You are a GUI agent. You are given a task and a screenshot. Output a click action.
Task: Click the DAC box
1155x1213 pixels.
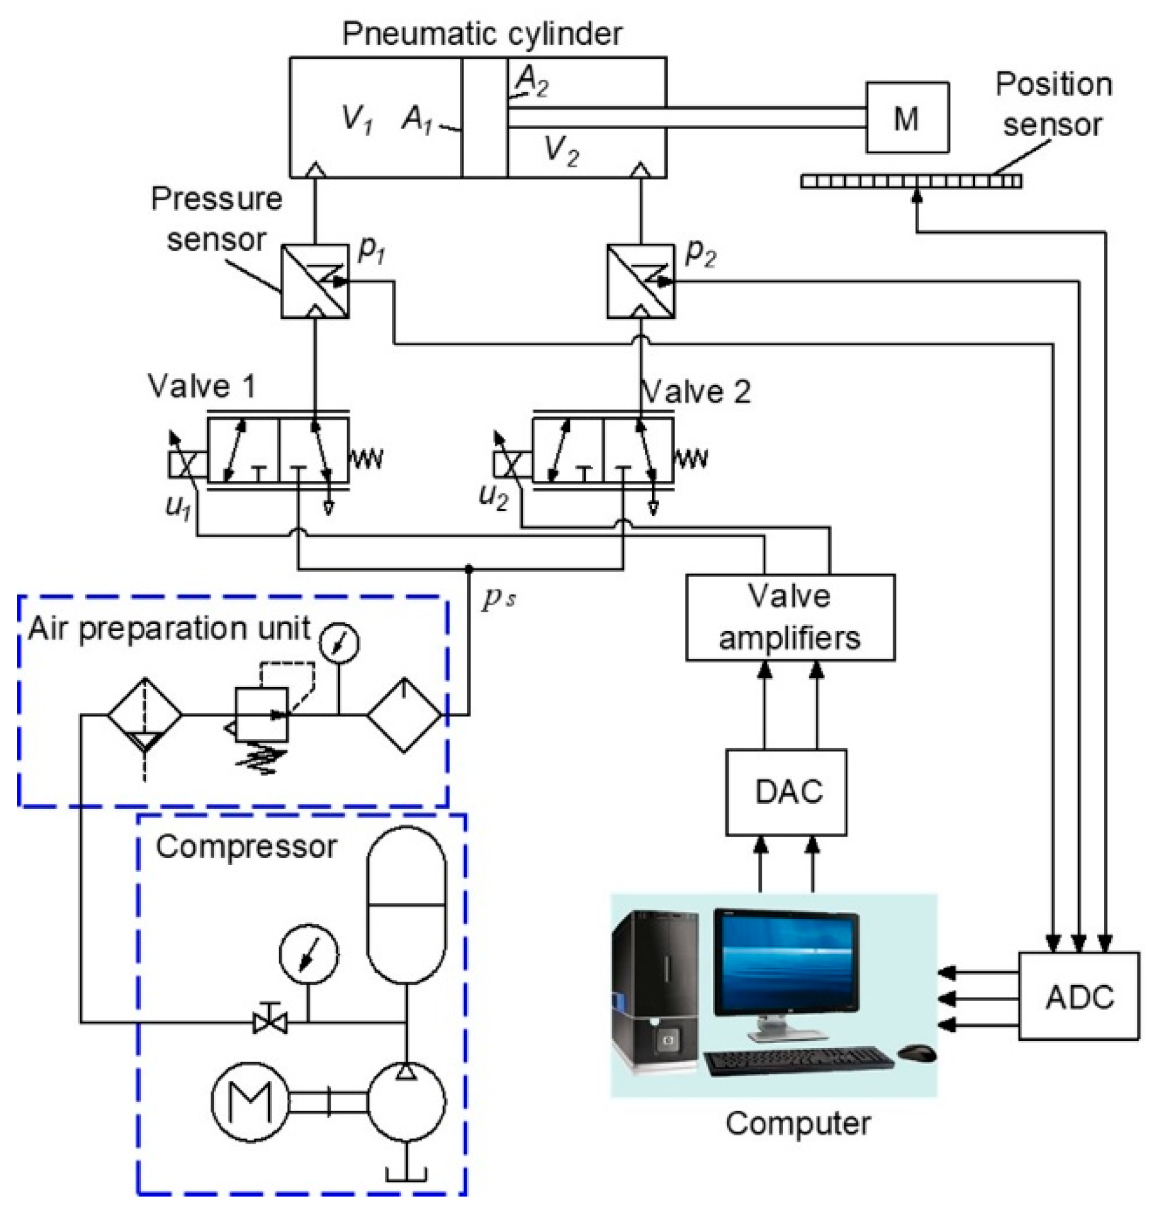[x=786, y=792]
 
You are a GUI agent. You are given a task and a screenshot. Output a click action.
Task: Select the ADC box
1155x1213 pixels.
[x=1079, y=996]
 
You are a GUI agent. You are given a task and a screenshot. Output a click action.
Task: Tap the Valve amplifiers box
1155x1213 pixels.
[x=790, y=617]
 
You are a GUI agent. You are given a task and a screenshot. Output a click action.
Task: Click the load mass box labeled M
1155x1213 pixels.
[x=907, y=117]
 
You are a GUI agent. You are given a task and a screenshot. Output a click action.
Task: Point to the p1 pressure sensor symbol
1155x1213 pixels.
[x=315, y=282]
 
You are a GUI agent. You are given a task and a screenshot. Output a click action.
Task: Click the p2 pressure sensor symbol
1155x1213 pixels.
[x=640, y=282]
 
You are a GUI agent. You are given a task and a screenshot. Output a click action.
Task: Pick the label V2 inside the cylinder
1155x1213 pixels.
[x=561, y=150]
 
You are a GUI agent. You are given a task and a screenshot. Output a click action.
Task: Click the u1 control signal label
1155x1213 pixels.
[x=178, y=507]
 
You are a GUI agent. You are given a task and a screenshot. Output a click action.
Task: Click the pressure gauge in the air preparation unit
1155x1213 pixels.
[x=339, y=642]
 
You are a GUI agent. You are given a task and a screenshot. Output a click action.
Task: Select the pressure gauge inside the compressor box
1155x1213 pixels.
[x=309, y=953]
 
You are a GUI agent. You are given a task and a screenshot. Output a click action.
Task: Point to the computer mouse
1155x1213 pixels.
[x=917, y=1053]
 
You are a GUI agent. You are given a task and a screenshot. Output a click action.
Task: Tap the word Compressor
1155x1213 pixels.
[x=246, y=847]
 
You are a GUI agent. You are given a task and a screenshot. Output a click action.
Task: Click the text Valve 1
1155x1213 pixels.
[x=201, y=386]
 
